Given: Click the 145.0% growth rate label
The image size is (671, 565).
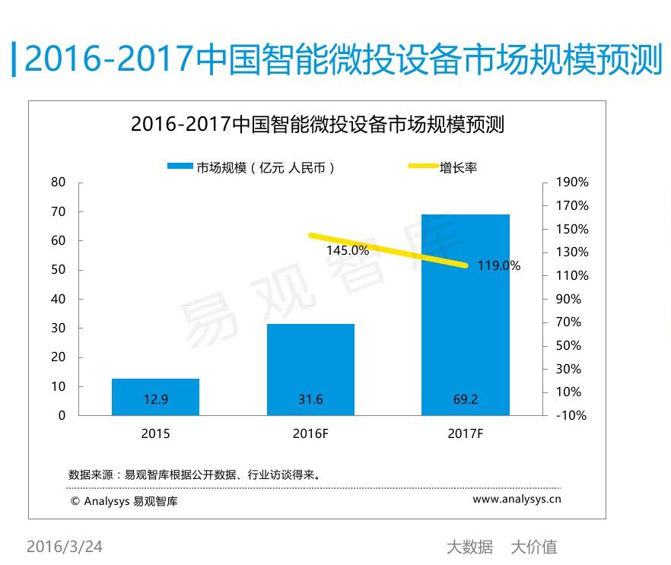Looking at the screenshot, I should [348, 250].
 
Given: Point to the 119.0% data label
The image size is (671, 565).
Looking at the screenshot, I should [499, 266].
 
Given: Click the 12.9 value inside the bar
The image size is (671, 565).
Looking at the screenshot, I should [155, 400].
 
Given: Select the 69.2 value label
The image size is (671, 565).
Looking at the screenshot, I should [466, 400].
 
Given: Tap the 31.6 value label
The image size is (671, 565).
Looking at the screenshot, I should [310, 400].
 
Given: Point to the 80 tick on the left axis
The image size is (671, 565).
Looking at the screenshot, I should [59, 183].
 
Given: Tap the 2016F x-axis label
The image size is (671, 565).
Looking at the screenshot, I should [310, 434].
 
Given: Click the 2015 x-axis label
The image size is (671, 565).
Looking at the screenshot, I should [155, 434].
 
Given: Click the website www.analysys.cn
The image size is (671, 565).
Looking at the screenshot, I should [517, 500].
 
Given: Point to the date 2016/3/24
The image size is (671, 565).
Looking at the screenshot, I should [65, 547].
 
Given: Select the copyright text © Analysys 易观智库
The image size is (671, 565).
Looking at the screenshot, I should [124, 501].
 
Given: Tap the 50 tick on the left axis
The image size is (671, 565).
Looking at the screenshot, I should [59, 270].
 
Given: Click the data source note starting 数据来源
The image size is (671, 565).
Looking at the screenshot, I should [195, 475].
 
